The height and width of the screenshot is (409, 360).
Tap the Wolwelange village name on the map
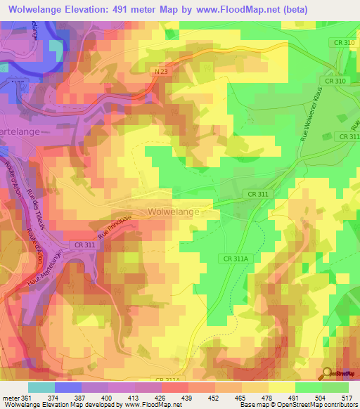coord(174,212)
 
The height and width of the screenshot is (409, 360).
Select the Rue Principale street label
coord(115,228)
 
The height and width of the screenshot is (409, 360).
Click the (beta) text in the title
coord(295,9)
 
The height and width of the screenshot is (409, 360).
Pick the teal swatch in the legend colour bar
coord(41,387)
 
